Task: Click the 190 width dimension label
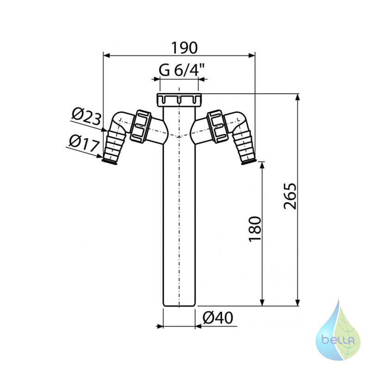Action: pyautogui.click(x=184, y=48)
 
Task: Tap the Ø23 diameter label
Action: pyautogui.click(x=86, y=117)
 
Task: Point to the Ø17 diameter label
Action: pyautogui.click(x=84, y=143)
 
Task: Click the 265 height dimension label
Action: pyautogui.click(x=290, y=196)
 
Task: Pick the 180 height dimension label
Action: pyautogui.click(x=255, y=228)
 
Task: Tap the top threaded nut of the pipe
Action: pyautogui.click(x=179, y=99)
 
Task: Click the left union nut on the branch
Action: pyautogui.click(x=141, y=126)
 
